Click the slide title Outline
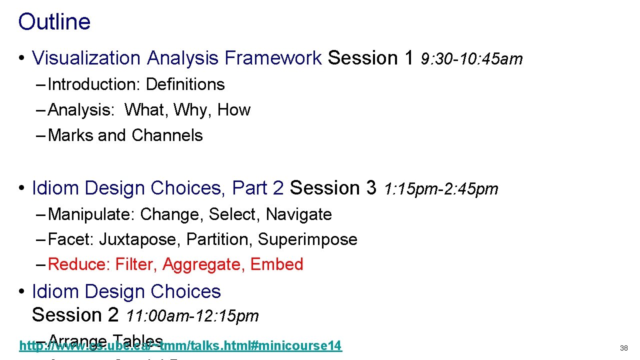click(x=54, y=22)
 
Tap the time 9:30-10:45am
click(x=471, y=59)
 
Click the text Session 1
click(x=370, y=58)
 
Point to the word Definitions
click(x=185, y=84)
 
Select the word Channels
click(x=167, y=135)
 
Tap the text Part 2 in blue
click(x=258, y=188)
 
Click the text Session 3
click(x=333, y=188)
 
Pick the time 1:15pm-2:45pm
click(x=441, y=189)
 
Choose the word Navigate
click(x=298, y=214)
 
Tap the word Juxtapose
click(x=137, y=240)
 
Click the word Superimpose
click(x=307, y=240)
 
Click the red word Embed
click(x=276, y=264)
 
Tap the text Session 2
click(x=75, y=315)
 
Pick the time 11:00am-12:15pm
click(x=192, y=316)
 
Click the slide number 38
click(x=623, y=348)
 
